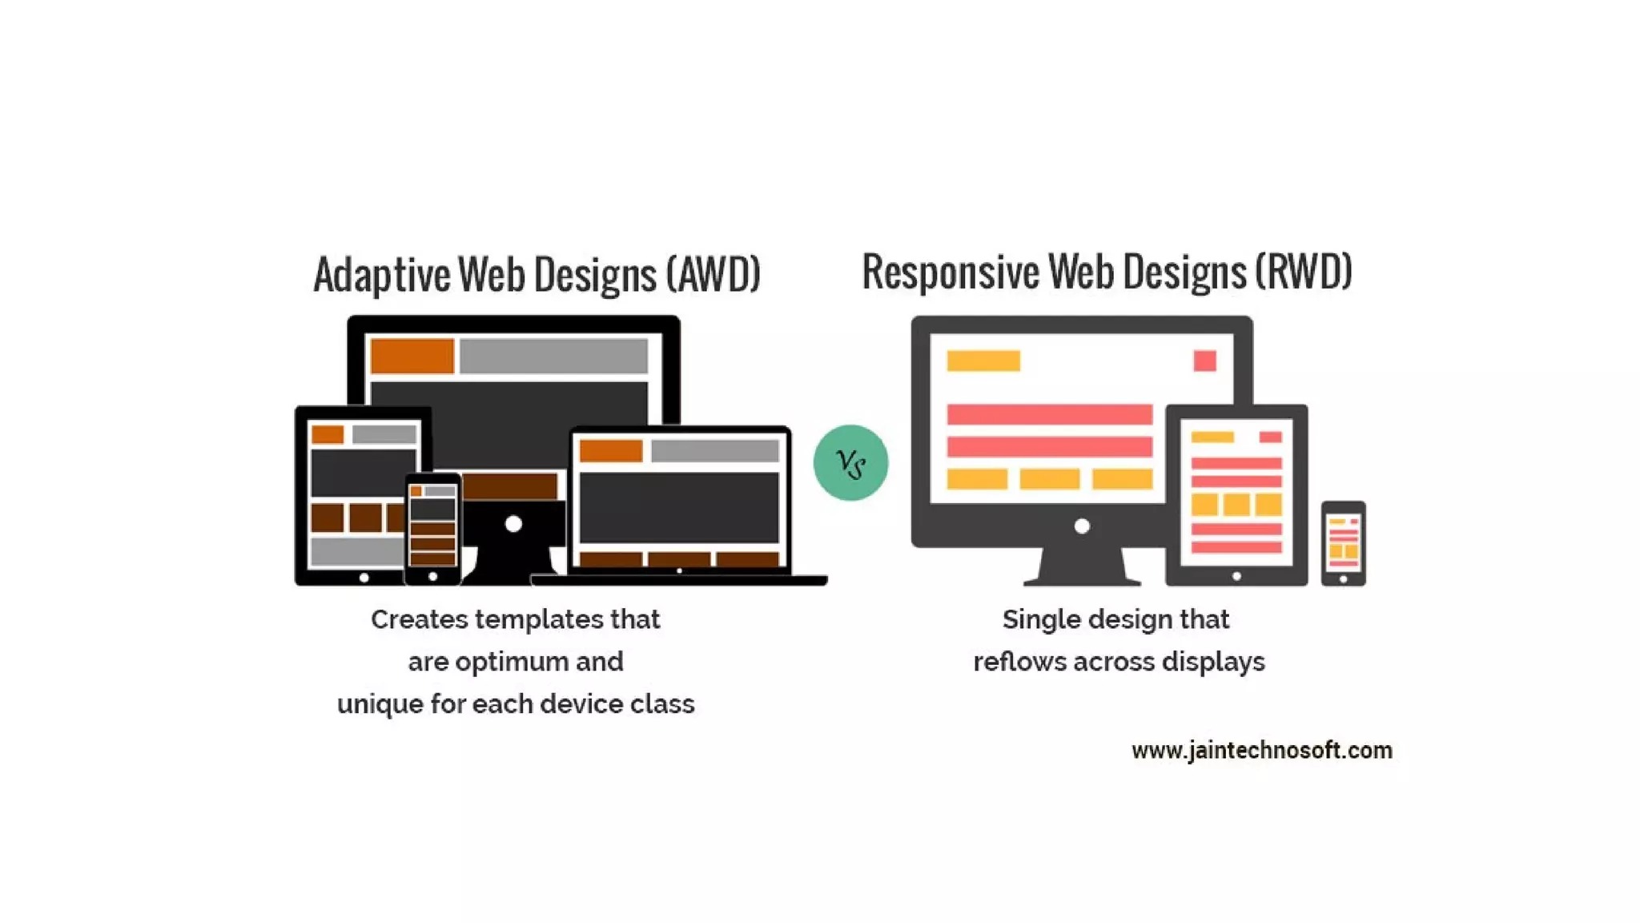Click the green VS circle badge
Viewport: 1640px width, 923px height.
[x=850, y=462]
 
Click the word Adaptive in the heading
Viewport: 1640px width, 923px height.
[x=381, y=275]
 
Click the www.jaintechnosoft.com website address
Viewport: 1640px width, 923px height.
[x=1261, y=751]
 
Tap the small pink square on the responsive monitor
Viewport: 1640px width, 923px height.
[x=1204, y=361]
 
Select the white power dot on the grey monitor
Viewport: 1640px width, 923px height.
[x=1082, y=526]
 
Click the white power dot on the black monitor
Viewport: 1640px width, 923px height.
[x=513, y=524]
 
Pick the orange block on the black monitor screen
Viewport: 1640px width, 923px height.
[x=412, y=356]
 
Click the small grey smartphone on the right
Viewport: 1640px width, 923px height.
[x=1343, y=543]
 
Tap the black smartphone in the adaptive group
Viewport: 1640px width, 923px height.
[x=432, y=529]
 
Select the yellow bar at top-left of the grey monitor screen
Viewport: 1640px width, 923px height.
[x=983, y=361]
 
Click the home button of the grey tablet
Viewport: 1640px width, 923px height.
[x=1236, y=576]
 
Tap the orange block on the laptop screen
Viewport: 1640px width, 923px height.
[x=611, y=451]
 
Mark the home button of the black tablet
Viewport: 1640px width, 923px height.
[x=364, y=577]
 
